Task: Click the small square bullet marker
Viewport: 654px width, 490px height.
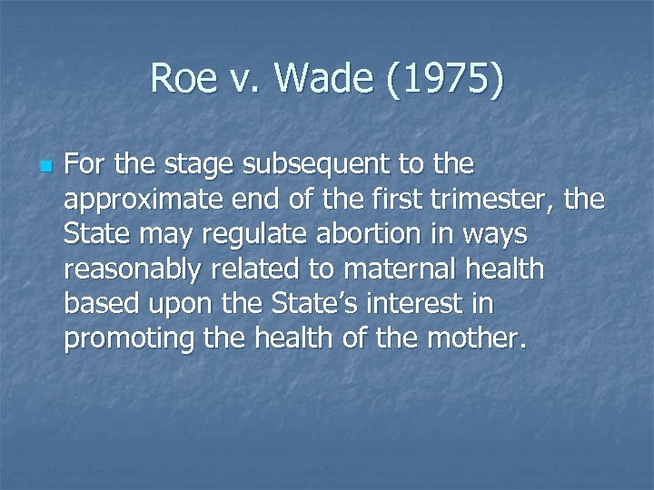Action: (46, 168)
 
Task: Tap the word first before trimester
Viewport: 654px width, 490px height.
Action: (391, 201)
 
